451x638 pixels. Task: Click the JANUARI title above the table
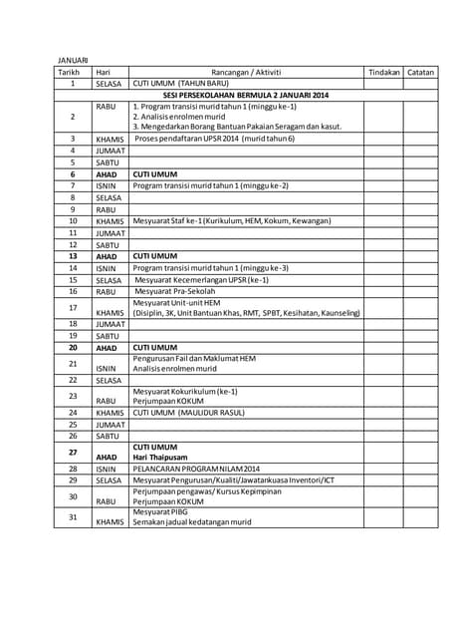(71, 61)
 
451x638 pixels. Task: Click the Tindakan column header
(384, 72)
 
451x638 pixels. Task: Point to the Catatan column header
(421, 72)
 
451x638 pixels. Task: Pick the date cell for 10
(73, 220)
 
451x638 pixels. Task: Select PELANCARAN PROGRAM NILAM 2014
(196, 469)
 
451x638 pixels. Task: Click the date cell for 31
(73, 516)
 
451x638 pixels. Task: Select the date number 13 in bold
(73, 256)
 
